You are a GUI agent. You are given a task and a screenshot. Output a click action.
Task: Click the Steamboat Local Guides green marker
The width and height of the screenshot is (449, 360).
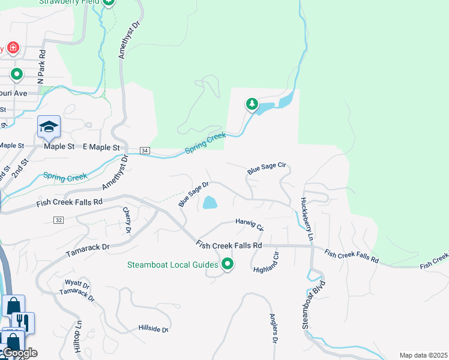[228, 264]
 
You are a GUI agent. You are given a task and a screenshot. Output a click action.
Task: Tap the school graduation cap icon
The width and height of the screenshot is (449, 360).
[49, 127]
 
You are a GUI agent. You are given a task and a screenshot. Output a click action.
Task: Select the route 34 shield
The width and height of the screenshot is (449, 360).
[145, 150]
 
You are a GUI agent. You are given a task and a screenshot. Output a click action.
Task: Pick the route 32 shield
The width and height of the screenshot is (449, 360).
[58, 220]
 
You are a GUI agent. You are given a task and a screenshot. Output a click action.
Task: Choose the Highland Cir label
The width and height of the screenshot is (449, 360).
[267, 262]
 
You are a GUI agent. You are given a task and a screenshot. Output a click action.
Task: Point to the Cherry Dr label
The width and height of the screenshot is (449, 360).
[127, 220]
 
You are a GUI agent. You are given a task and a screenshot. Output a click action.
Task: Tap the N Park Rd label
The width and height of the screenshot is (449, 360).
[41, 71]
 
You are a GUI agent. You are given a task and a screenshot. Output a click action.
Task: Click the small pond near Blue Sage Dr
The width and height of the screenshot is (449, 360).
[209, 203]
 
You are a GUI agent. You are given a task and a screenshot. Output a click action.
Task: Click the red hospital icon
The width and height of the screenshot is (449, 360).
[13, 48]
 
